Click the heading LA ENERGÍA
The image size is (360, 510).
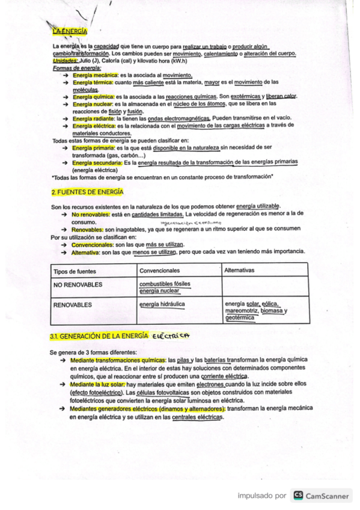point(70,31)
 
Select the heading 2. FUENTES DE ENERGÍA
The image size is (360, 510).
point(87,192)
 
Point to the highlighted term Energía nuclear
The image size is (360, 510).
point(91,103)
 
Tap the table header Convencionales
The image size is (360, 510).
point(159,271)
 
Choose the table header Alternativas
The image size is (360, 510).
point(239,271)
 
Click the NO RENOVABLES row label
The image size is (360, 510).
point(78,284)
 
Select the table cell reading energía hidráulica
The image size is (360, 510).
point(162,304)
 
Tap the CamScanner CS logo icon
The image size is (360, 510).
point(297,496)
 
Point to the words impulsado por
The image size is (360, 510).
point(261,496)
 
